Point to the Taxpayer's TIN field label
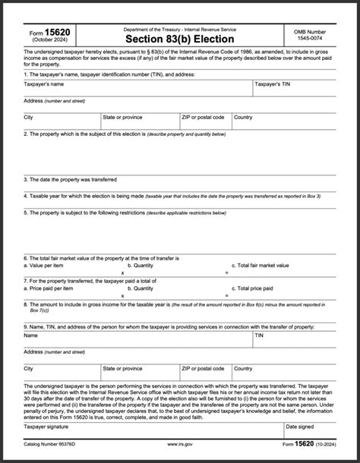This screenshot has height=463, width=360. tap(273, 83)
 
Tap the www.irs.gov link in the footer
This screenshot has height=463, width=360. tap(178, 444)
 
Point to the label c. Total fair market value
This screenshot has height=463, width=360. tap(264, 265)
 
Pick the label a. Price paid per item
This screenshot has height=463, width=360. tap(49, 288)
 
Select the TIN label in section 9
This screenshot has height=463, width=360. tap(259, 334)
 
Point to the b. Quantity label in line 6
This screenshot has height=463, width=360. tap(141, 265)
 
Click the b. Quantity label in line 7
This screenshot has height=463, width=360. tap(141, 288)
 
